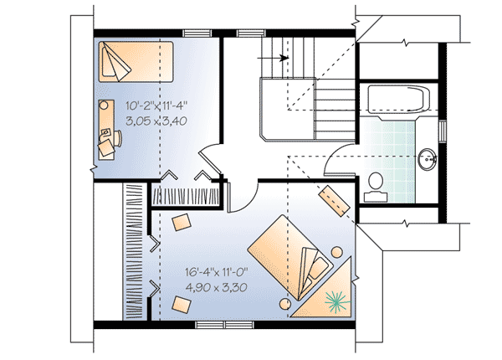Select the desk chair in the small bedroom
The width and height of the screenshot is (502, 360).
click(106, 147)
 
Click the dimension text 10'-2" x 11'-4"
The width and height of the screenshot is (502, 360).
click(156, 106)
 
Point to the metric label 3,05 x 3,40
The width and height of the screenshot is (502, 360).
click(156, 121)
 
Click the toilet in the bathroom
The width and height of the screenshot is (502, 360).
click(376, 186)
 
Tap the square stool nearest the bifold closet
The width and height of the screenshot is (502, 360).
click(182, 222)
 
